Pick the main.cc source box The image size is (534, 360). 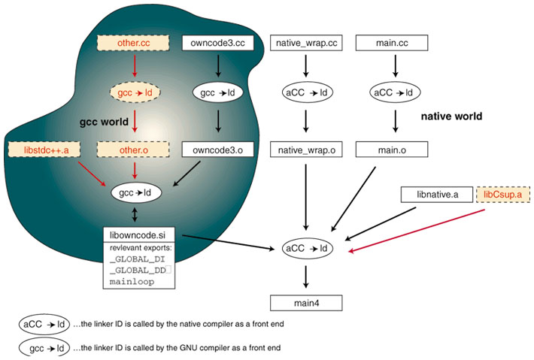coord(391,43)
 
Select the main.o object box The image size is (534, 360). coord(391,150)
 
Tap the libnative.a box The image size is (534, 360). coord(437,195)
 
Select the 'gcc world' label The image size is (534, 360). coord(105,121)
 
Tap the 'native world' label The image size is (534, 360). coord(451,117)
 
